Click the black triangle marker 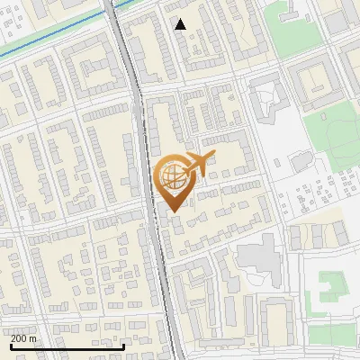[x=181, y=24]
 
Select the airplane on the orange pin [x=198, y=165]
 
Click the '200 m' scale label [x=24, y=338]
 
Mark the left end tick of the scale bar [x=11, y=346]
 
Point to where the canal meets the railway [x=111, y=9]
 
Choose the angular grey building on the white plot [x=266, y=99]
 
